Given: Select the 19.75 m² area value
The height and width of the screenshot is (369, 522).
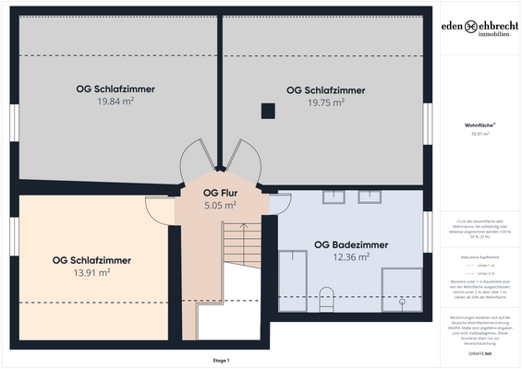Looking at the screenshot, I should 325,103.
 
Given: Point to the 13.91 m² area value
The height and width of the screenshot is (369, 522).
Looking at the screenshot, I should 91,273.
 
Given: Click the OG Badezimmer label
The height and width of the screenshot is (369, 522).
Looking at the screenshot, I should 350,244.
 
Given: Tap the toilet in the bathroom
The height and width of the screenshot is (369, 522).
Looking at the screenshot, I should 325,298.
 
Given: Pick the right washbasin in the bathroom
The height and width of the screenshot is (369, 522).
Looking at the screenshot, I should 370,196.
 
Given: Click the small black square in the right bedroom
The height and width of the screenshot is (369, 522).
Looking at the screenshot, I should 268,112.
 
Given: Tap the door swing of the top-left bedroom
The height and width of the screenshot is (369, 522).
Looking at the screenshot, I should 197,156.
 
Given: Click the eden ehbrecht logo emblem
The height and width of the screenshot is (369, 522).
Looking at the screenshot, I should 471,28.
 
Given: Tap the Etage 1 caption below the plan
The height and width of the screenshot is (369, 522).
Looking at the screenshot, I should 221,360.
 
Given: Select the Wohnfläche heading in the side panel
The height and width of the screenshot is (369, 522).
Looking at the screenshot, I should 479,124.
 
